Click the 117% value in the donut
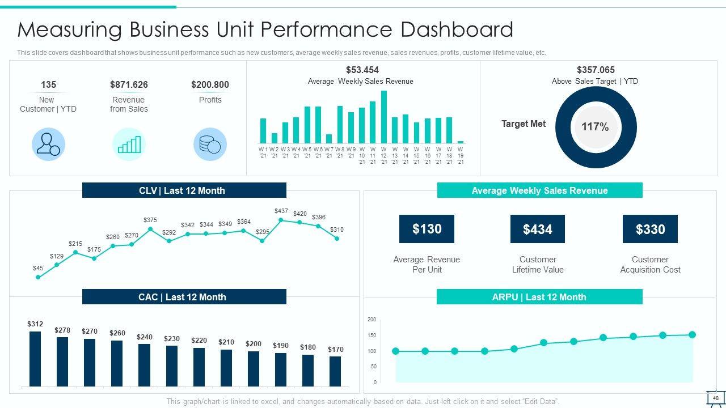tap(595, 127)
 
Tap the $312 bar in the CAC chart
tap(35, 359)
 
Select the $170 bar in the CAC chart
tap(335, 371)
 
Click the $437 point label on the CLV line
tap(281, 211)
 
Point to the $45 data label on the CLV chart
tap(38, 268)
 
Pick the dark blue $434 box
tap(537, 229)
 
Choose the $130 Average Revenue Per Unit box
tap(427, 229)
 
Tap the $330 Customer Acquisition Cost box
tap(650, 229)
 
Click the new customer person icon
tap(48, 144)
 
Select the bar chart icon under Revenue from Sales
tap(129, 144)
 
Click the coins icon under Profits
tap(210, 144)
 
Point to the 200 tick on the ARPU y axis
tap(372, 320)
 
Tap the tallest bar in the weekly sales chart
tap(384, 117)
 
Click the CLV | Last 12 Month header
tap(184, 190)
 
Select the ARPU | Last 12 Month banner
tap(539, 297)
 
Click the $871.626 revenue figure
tap(129, 85)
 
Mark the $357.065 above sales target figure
tap(596, 70)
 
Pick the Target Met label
tap(524, 124)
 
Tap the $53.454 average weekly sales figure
tap(362, 70)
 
